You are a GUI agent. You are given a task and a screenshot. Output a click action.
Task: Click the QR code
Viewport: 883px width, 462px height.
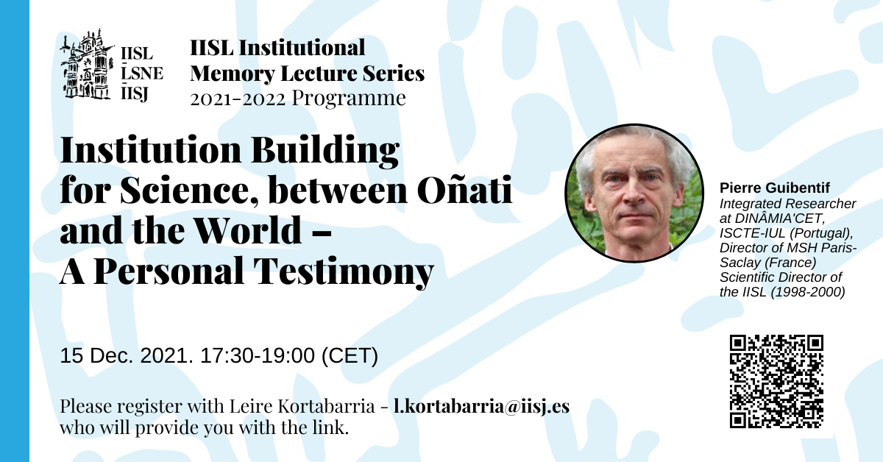776,381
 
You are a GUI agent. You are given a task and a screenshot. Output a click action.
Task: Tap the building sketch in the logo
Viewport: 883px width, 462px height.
87,64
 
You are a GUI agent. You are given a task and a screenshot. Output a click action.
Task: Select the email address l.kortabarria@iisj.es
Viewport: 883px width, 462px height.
481,406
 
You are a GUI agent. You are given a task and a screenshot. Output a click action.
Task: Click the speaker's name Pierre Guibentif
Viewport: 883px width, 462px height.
775,188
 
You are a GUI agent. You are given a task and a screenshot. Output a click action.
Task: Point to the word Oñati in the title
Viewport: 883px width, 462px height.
465,190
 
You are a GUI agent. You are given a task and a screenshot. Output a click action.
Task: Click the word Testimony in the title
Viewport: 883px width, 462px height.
344,271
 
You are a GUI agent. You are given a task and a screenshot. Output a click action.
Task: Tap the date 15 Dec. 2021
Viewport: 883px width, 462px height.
127,355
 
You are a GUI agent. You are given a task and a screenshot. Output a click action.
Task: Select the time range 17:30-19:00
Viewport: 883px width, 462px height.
258,355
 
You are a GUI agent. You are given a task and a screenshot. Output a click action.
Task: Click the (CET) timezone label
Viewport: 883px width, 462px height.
350,356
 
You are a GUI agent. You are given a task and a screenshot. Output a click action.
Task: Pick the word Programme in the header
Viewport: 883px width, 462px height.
349,99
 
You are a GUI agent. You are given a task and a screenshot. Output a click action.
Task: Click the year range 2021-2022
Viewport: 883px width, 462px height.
238,99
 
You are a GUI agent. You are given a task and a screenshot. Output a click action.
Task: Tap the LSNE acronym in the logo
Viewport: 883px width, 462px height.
142,74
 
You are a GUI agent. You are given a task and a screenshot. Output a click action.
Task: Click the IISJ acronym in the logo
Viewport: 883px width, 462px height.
135,94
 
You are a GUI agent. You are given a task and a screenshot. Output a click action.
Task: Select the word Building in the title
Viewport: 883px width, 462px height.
325,151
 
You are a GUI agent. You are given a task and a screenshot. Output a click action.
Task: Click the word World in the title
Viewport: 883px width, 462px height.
249,230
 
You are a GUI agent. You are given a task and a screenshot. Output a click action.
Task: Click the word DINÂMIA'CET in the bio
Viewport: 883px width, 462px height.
781,218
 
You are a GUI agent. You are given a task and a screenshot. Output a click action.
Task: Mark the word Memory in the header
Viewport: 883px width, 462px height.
233,74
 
